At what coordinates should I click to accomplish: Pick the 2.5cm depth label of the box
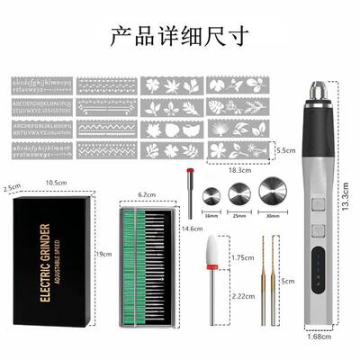[11, 188]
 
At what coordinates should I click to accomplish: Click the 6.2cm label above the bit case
[148, 193]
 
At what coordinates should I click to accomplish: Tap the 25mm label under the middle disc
[240, 216]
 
